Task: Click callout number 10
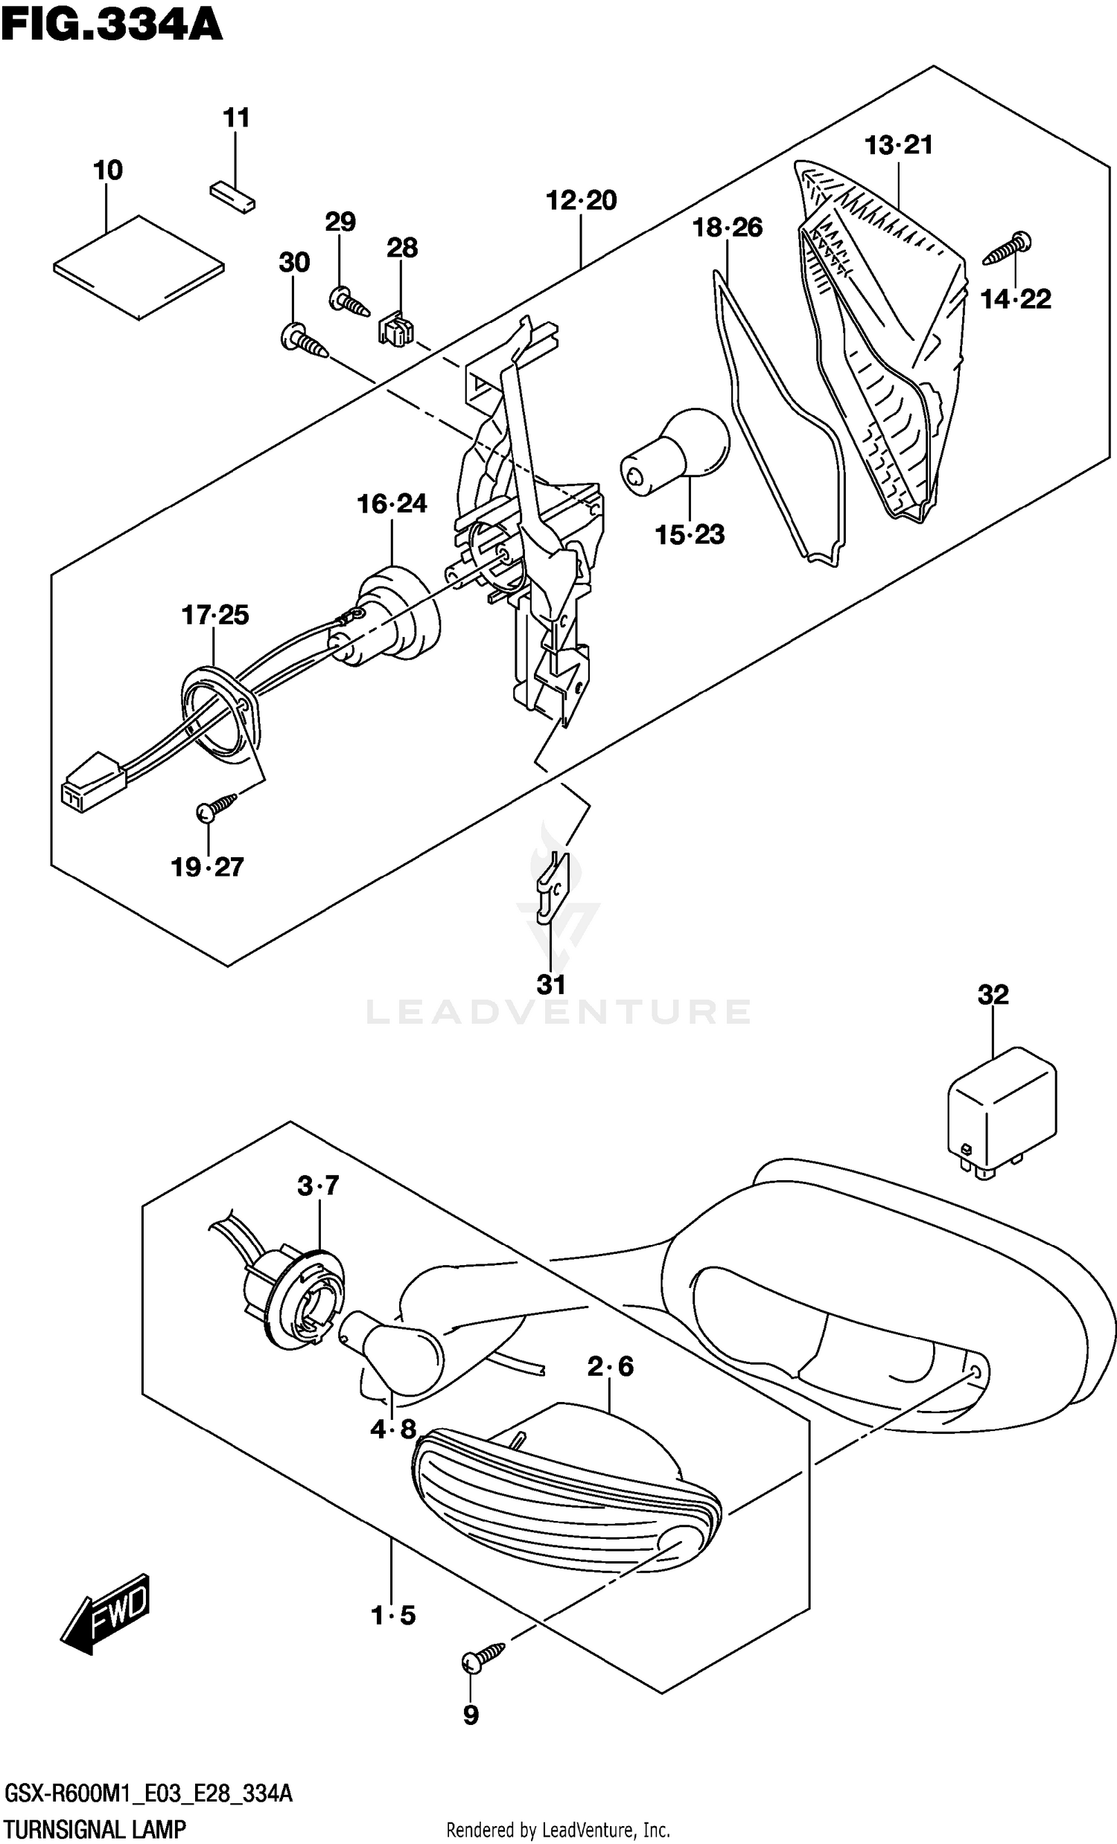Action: [x=108, y=170]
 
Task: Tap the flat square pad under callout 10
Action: [x=139, y=268]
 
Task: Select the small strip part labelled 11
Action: [x=232, y=196]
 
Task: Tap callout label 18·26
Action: [x=727, y=227]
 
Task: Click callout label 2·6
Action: [x=610, y=1367]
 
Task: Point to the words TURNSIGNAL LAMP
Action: [x=95, y=1829]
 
